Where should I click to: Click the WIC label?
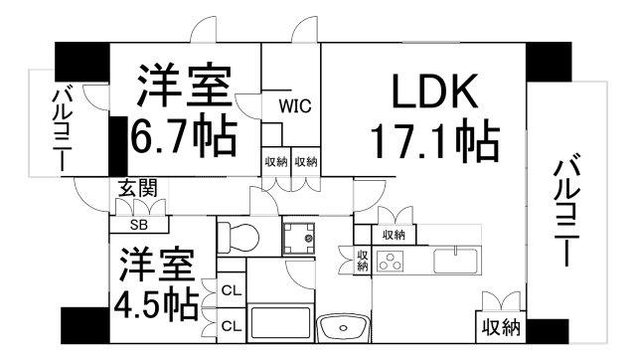[295, 106]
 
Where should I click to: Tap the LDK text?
[434, 90]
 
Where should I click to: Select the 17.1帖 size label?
[436, 139]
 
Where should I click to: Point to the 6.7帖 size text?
[183, 136]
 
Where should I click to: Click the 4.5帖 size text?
[157, 303]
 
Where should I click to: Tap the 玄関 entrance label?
[137, 188]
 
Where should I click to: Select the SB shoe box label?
[139, 225]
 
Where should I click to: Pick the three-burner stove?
[391, 261]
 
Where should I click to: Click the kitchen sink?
[455, 261]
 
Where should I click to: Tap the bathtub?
[280, 323]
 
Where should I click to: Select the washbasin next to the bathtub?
[344, 328]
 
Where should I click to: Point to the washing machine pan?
[298, 239]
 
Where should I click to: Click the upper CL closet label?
[232, 290]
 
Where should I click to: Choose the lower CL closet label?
[232, 326]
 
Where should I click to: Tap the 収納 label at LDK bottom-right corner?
[501, 327]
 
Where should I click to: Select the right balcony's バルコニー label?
[566, 210]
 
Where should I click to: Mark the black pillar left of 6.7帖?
[118, 146]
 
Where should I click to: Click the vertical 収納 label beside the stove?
[362, 261]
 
